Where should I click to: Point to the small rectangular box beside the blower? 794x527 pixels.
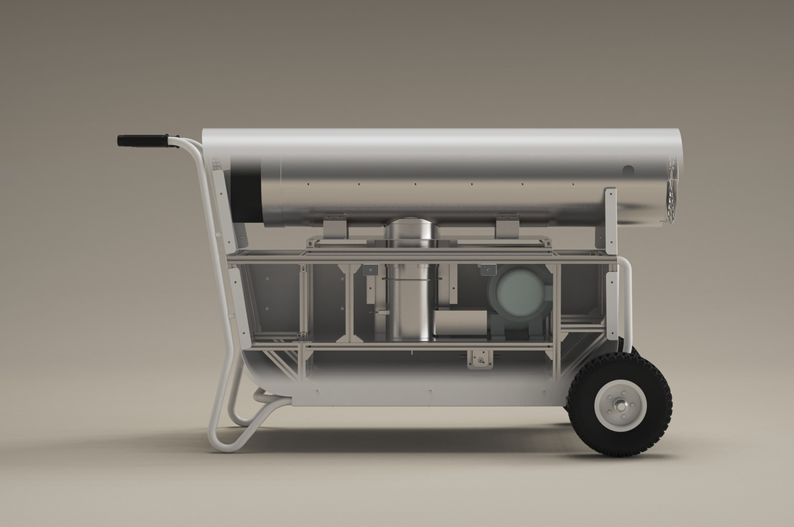(x=460, y=322)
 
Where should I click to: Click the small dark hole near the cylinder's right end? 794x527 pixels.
(x=628, y=170)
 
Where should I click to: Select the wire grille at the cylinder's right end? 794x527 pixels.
(x=671, y=189)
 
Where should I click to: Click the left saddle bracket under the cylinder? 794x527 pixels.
(x=335, y=226)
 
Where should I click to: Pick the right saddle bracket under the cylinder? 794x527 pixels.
(x=507, y=226)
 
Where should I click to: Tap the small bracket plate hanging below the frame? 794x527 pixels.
(x=480, y=358)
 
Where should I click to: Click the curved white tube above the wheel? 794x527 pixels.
(x=627, y=298)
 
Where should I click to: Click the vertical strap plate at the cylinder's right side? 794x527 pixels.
(x=610, y=217)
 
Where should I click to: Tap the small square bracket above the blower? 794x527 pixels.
(x=488, y=269)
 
